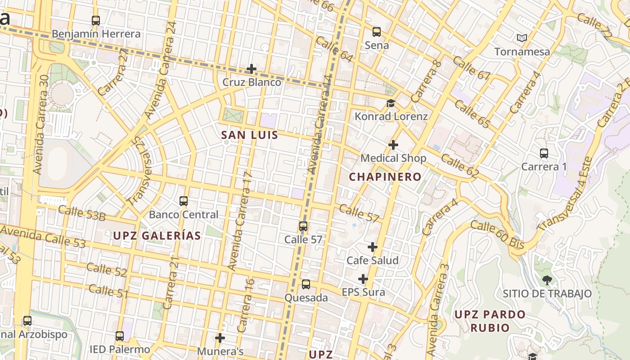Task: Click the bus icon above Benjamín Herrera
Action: pyautogui.click(x=95, y=21)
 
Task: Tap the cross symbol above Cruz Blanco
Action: pyautogui.click(x=252, y=69)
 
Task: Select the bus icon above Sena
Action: pyautogui.click(x=377, y=32)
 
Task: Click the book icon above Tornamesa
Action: pyautogui.click(x=522, y=38)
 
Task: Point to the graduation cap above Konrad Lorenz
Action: pyautogui.click(x=391, y=103)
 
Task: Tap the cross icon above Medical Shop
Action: pyautogui.click(x=393, y=145)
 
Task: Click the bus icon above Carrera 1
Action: pyautogui.click(x=544, y=153)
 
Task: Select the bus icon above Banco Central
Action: pyautogui.click(x=184, y=201)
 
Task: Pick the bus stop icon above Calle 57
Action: pyautogui.click(x=303, y=226)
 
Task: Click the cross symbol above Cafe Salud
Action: pyautogui.click(x=373, y=247)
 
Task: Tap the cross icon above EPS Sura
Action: pyautogui.click(x=363, y=279)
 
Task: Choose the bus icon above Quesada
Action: pyautogui.click(x=306, y=284)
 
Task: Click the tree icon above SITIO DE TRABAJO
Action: pyautogui.click(x=547, y=280)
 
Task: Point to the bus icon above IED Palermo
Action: pyautogui.click(x=119, y=336)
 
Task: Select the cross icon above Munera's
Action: pyautogui.click(x=220, y=337)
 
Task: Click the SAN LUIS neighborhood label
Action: pyautogui.click(x=250, y=135)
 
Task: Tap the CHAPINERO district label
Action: pyautogui.click(x=385, y=177)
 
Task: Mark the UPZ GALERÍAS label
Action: pyautogui.click(x=157, y=235)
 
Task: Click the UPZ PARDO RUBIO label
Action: pyautogui.click(x=490, y=321)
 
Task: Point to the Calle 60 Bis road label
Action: pyautogui.click(x=498, y=234)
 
